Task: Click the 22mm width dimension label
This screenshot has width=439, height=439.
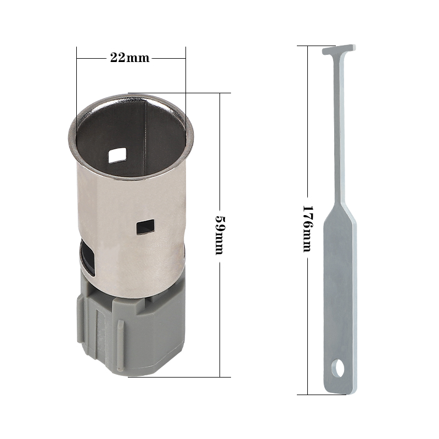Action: coord(130,58)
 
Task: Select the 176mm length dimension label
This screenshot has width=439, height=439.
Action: coord(308,229)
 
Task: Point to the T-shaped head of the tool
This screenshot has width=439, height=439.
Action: coord(339,50)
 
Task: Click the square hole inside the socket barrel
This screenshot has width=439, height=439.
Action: coord(117,156)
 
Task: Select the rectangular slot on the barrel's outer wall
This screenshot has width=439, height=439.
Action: coord(145,227)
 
